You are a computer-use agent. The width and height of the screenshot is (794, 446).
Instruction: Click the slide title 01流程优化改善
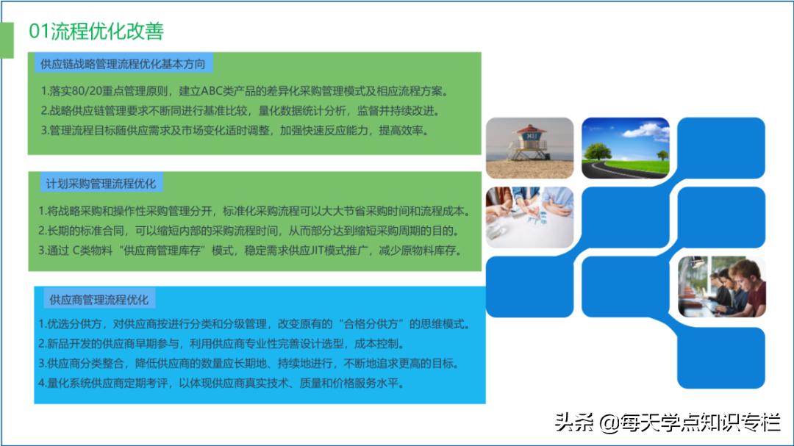[x=96, y=31]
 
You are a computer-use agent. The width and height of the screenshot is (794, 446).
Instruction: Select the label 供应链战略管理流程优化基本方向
[x=123, y=64]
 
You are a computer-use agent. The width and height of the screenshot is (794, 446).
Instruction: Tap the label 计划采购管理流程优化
[x=101, y=183]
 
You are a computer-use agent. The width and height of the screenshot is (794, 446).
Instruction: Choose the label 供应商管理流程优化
[x=99, y=300]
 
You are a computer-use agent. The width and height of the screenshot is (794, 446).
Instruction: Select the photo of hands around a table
[x=529, y=217]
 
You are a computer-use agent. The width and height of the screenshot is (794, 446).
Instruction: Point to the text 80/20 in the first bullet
[x=87, y=91]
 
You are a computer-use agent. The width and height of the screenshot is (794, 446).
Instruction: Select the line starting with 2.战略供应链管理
[x=240, y=111]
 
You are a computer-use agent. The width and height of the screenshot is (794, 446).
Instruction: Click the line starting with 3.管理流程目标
[x=235, y=131]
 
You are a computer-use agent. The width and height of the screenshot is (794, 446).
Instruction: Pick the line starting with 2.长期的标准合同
[x=248, y=231]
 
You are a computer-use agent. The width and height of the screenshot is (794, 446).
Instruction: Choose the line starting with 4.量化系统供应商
[x=221, y=384]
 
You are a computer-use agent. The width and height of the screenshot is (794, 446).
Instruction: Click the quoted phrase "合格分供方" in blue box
[x=371, y=324]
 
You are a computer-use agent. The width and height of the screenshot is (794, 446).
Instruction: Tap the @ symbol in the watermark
[x=609, y=422]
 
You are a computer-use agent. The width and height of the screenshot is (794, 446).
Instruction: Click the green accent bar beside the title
[x=7, y=40]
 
